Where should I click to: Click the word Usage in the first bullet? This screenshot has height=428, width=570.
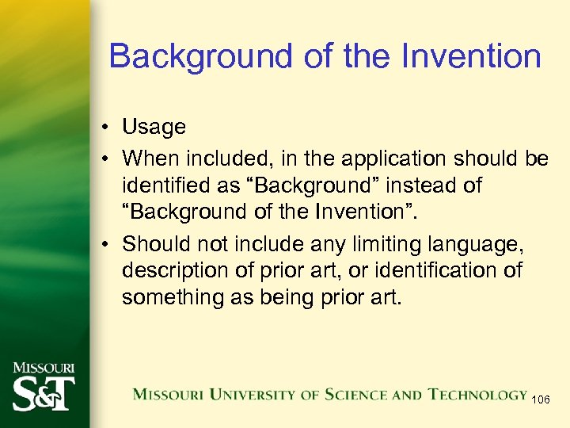click(x=154, y=127)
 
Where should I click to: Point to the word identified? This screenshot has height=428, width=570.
click(x=165, y=185)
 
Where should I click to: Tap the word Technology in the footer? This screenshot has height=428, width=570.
click(x=478, y=395)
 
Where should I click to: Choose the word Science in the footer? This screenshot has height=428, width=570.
click(x=353, y=395)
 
